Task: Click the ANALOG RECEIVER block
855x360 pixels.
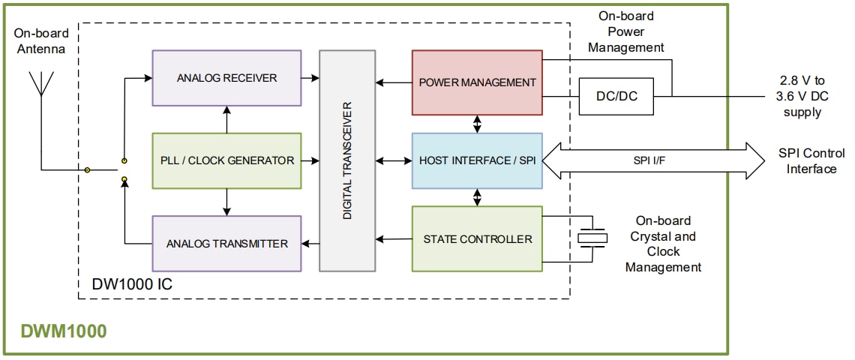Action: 226,77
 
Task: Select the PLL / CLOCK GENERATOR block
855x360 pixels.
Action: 226,160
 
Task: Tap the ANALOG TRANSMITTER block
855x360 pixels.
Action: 226,243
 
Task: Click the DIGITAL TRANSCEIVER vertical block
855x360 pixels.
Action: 347,160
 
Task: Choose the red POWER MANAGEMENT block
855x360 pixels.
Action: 477,82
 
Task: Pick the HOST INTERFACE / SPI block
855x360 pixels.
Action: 477,160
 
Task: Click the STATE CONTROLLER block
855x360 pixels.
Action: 477,239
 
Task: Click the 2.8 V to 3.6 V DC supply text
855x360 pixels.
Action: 802,96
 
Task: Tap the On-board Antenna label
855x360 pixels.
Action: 42,40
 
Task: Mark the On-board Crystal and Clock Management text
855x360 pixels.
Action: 663,244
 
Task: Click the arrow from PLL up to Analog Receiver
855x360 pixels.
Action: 226,119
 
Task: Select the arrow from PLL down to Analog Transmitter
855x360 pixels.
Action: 226,201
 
